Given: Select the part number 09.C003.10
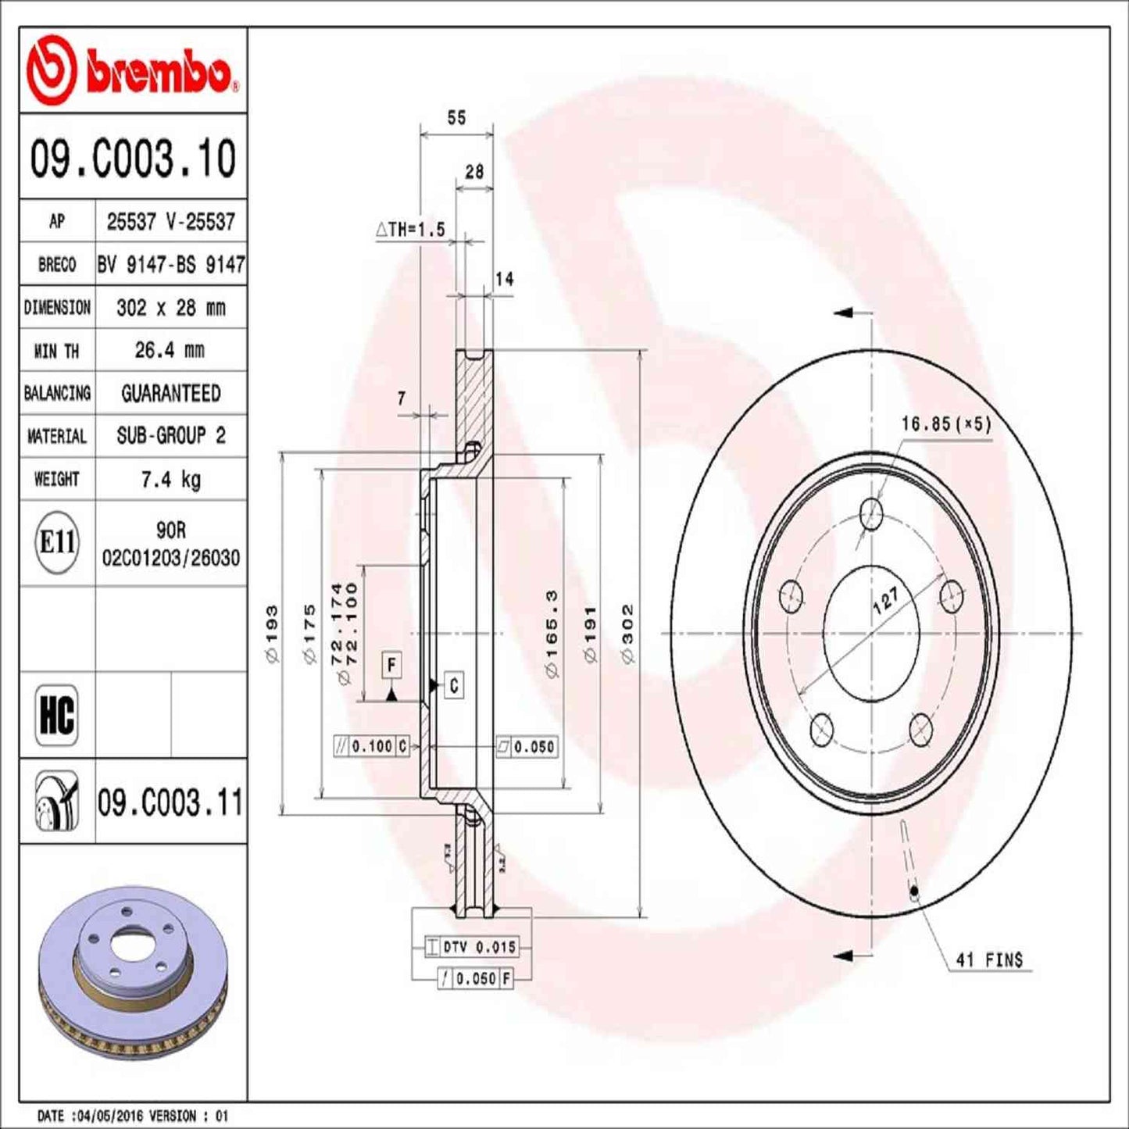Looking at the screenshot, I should [133, 158].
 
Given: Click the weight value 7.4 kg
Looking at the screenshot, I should [170, 479].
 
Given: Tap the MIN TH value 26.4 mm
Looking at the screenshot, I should [170, 350].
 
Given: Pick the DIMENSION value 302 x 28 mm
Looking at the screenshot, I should [170, 308].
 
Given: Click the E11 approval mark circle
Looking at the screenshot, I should [57, 541].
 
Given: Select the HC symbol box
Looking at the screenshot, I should [56, 714].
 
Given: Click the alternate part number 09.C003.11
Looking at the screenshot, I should [170, 802].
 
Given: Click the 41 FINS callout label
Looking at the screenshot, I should [989, 959].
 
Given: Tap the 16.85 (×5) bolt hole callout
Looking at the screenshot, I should [945, 424].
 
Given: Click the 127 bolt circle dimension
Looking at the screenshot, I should [885, 599].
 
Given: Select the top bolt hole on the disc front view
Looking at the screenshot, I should [870, 513].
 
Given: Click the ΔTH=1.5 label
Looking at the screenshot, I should [411, 229].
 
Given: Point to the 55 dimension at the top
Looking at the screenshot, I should [456, 118].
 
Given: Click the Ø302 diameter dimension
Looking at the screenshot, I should [627, 633].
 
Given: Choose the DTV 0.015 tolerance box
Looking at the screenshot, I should [471, 947].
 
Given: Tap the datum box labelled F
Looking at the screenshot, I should [391, 666].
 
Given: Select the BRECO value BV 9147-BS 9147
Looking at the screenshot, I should [170, 265].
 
